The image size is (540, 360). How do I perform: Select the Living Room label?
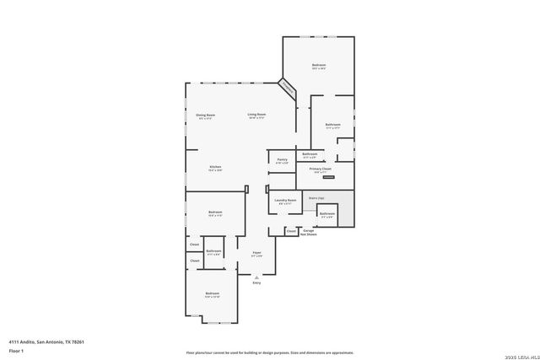coord(256,115)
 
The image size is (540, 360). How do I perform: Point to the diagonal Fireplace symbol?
coord(288,88)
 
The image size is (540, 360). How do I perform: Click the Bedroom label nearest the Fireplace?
coord(318,65)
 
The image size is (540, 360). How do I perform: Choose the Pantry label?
coord(282,159)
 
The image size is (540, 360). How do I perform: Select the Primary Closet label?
coord(320,169)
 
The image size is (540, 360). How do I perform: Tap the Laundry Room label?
coord(285,200)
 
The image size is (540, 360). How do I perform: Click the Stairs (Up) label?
coord(316,197)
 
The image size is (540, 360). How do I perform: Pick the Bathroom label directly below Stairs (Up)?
coord(327,213)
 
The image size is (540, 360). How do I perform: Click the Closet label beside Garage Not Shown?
coord(291,230)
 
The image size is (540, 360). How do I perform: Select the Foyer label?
coord(256,250)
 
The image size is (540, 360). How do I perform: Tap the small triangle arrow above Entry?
coord(256,276)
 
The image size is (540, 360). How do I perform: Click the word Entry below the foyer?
coord(256,282)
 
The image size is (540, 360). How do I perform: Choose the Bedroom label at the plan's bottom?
coord(212,293)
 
